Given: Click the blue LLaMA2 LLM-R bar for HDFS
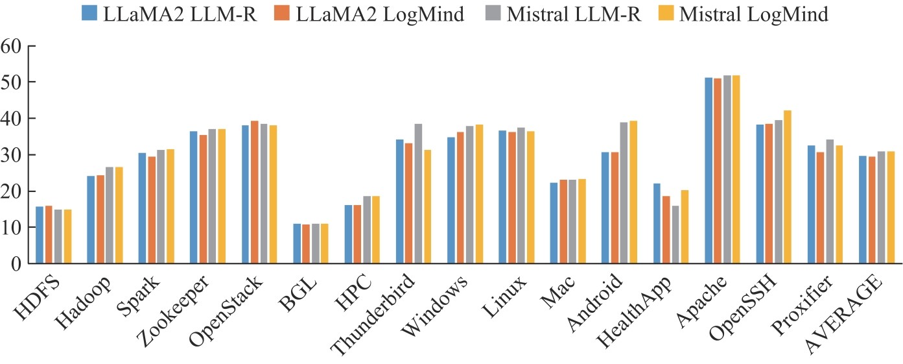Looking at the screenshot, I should click(x=40, y=235).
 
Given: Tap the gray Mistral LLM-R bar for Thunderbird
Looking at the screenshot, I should click(x=418, y=193).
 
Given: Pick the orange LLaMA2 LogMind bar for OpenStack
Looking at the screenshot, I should click(x=255, y=192).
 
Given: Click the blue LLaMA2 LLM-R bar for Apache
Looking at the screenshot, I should click(x=709, y=171).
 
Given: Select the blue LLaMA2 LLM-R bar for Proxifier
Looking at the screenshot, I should click(x=812, y=204).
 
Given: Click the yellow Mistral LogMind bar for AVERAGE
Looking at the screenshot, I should click(x=891, y=207).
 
